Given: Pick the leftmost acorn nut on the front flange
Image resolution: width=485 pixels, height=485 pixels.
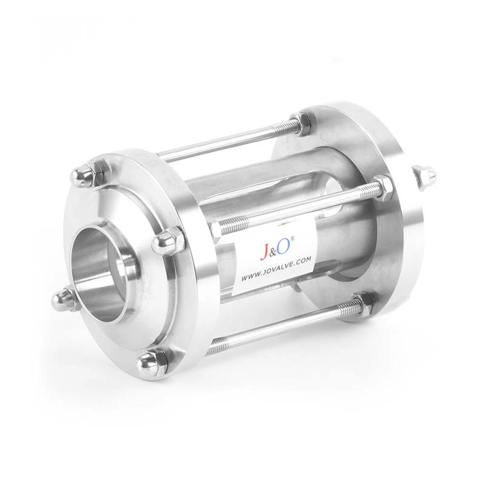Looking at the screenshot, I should [60, 296].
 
